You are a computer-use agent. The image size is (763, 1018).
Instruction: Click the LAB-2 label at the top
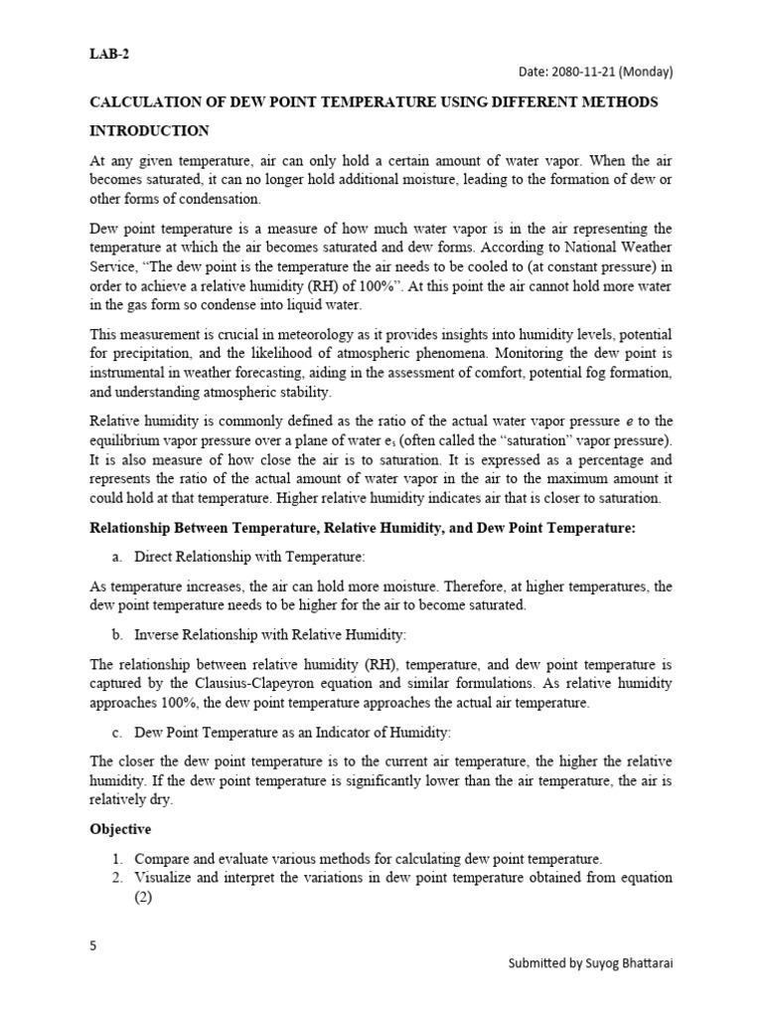coord(109,55)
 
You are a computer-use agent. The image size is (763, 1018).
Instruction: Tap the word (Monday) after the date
coord(650,73)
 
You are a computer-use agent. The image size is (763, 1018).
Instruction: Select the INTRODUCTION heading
coord(149,130)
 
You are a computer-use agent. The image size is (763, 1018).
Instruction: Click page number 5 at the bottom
coord(93,945)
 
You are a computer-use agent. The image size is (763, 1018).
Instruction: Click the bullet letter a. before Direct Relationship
coord(117,557)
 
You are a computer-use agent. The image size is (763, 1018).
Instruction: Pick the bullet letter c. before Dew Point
coord(117,733)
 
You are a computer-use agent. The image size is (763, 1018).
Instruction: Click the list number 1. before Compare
coord(117,858)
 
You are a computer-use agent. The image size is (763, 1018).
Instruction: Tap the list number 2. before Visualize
coord(117,878)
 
